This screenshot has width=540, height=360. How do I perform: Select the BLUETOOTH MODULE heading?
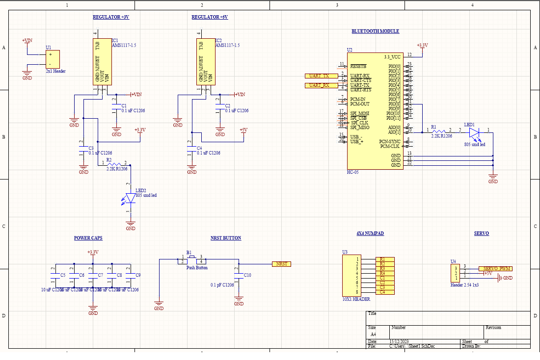(x=375, y=31)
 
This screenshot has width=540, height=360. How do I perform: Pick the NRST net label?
(x=282, y=264)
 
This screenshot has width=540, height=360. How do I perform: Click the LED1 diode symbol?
(x=473, y=132)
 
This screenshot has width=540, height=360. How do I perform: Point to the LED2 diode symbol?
(x=131, y=198)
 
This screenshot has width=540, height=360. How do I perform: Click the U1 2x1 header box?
(x=53, y=59)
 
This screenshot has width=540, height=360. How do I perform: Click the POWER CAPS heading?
(x=88, y=238)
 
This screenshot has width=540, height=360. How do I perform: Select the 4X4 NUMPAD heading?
(x=370, y=233)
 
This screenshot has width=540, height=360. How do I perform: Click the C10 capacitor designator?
(x=247, y=275)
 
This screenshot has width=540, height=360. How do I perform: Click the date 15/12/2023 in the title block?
(x=399, y=341)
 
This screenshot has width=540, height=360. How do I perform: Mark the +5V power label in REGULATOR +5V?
(x=243, y=130)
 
